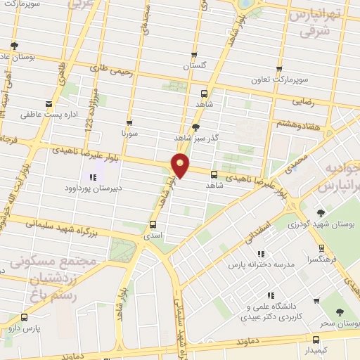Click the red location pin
(181, 166)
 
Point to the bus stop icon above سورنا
(129, 122)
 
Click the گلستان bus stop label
(196, 65)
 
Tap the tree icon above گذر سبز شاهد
(195, 127)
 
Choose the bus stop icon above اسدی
(153, 225)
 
